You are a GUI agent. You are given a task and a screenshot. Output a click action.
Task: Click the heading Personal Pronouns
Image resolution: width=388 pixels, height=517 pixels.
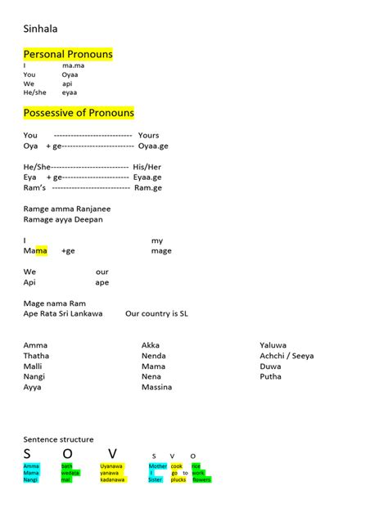pos(68,54)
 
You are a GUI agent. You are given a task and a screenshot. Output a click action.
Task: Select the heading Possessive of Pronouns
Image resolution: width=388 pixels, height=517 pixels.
pos(79,112)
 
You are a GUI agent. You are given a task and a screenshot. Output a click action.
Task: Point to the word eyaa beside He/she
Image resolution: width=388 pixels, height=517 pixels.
pos(70,92)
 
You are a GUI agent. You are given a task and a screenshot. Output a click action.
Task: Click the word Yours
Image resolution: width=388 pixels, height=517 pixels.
pos(148,135)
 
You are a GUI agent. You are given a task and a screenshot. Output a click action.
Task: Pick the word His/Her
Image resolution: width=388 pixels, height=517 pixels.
pos(148,166)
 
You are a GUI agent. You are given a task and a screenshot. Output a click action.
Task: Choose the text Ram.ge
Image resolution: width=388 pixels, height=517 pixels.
pos(148,187)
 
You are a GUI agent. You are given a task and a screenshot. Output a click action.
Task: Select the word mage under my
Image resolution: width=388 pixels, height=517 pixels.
pos(161,250)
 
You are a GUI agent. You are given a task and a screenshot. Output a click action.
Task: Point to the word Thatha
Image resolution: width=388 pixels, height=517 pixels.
pos(36,356)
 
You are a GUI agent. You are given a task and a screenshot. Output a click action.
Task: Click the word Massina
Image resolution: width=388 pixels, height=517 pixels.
pos(156,387)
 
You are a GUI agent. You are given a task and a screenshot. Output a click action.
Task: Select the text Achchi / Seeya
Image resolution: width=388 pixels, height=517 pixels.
pos(286,356)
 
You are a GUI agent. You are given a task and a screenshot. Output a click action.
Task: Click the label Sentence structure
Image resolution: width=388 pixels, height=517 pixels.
pos(58,439)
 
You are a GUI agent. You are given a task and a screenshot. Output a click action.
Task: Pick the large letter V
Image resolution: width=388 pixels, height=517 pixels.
pos(112,454)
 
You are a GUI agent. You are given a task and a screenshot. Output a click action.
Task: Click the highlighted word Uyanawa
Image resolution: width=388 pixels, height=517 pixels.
pos(111,466)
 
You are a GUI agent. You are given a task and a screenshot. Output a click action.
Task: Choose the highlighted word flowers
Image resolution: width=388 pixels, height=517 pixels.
pos(201,480)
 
